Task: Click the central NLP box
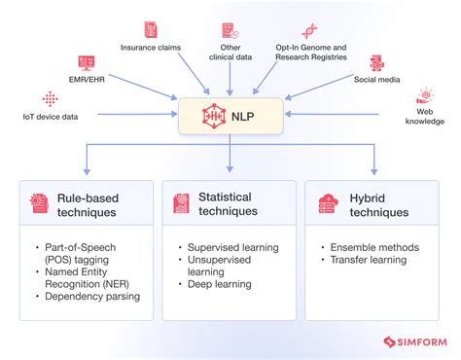click(x=230, y=116)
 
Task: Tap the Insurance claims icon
click(x=151, y=30)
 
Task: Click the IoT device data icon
click(x=50, y=99)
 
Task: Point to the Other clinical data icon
click(x=230, y=30)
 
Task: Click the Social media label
click(x=376, y=80)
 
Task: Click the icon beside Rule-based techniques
click(x=40, y=202)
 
